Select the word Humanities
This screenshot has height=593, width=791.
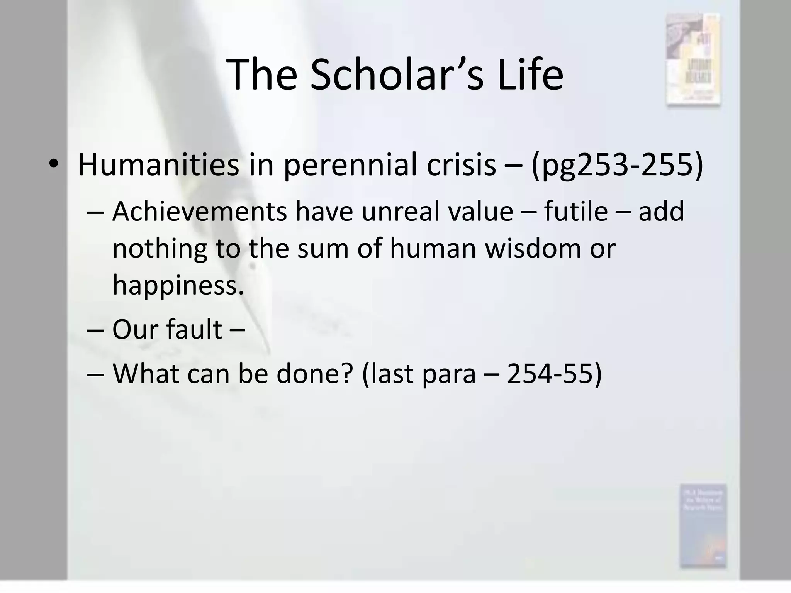[158, 164]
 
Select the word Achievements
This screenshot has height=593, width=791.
[199, 212]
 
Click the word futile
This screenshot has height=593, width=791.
[576, 212]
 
